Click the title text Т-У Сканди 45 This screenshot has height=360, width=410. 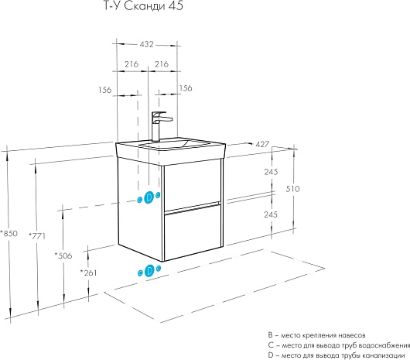pyautogui.click(x=144, y=5)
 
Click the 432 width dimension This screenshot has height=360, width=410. pyautogui.click(x=146, y=44)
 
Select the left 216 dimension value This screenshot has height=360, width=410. pyautogui.click(x=132, y=63)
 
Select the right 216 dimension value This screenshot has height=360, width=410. pyautogui.click(x=162, y=63)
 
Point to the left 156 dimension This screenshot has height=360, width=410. pyautogui.click(x=105, y=90)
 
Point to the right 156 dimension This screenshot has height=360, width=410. pyautogui.click(x=186, y=88)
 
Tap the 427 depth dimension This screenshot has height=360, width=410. pyautogui.click(x=262, y=144)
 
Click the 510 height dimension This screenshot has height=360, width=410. pyautogui.click(x=292, y=189)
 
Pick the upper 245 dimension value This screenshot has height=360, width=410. pyautogui.click(x=271, y=172)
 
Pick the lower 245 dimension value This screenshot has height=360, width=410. pyautogui.click(x=271, y=214)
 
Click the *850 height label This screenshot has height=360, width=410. pyautogui.click(x=9, y=233)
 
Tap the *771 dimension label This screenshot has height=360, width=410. pyautogui.click(x=37, y=236)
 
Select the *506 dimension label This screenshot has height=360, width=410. pyautogui.click(x=63, y=255)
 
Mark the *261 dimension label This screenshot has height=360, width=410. pyautogui.click(x=88, y=273)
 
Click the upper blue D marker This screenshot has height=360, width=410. pyautogui.click(x=149, y=197)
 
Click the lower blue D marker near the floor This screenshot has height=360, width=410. pyautogui.click(x=149, y=270)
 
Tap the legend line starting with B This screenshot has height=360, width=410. pyautogui.click(x=316, y=335)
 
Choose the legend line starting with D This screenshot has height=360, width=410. pyautogui.click(x=337, y=355)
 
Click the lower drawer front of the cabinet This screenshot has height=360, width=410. pyautogui.click(x=193, y=232)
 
